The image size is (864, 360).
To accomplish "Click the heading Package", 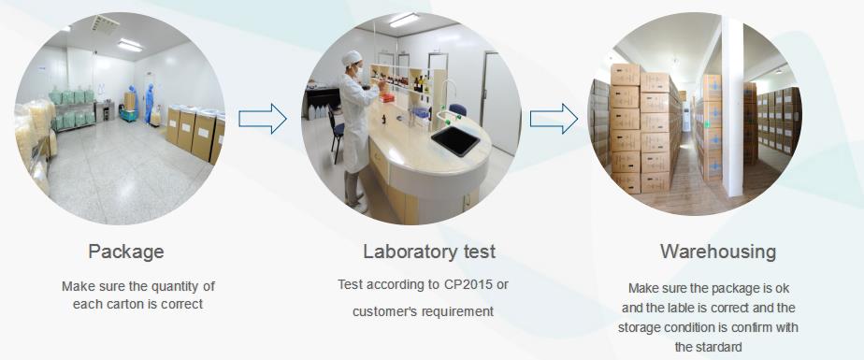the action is [x=126, y=252].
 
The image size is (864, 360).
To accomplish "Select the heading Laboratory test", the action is [x=429, y=252].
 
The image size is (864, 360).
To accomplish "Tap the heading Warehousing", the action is [x=718, y=252].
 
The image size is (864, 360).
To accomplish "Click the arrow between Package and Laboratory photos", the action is [x=262, y=119].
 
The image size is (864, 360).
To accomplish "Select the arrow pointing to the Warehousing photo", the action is [x=554, y=119].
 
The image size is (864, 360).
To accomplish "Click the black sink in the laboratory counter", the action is [x=455, y=140].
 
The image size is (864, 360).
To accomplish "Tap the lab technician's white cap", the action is [x=352, y=57].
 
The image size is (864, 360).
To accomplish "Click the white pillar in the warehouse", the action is [x=732, y=105].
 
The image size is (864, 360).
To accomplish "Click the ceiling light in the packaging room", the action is [x=130, y=45].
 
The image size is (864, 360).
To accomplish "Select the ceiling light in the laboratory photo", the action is [x=404, y=20].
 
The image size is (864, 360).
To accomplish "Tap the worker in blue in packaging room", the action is [x=150, y=103].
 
